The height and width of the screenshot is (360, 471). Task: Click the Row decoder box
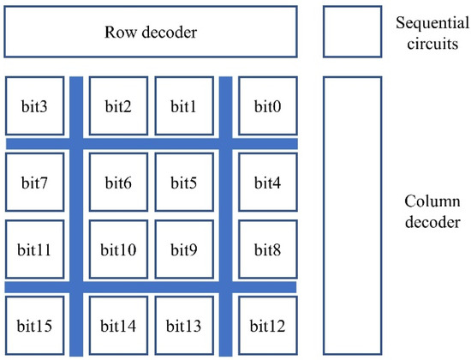(151, 33)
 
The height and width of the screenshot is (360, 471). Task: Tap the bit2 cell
(119, 106)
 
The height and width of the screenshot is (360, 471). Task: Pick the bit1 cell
(183, 106)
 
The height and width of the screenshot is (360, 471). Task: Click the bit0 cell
(267, 106)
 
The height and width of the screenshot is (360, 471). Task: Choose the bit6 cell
(119, 183)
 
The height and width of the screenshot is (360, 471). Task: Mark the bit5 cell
(183, 183)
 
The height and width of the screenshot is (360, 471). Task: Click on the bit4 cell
(267, 183)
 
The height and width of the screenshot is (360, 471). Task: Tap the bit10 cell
(119, 249)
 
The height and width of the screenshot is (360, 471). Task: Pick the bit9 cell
(183, 249)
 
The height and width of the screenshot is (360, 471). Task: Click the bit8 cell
(267, 249)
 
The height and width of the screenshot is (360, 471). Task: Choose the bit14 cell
(119, 325)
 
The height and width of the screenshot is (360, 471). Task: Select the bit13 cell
(183, 325)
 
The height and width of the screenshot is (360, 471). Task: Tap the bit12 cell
(267, 325)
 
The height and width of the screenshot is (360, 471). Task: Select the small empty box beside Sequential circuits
(352, 33)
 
